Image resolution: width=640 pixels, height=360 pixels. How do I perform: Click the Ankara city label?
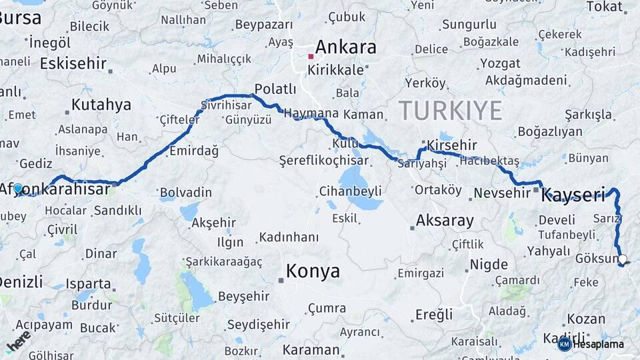pos(345,47)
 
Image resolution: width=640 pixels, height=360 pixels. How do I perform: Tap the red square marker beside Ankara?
pos(311,57)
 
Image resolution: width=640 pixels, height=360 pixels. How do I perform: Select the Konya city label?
pos(313,271)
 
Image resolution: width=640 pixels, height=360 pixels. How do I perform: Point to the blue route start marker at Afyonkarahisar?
pos(18,189)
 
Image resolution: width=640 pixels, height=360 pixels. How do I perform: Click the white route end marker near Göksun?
pos(623,259)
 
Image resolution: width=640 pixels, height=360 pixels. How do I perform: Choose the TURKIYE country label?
pos(450,110)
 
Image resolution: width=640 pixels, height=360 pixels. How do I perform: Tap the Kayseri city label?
pos(573,196)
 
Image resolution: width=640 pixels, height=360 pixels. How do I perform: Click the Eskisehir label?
pos(73,63)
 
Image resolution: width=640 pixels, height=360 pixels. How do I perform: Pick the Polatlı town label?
pos(275,89)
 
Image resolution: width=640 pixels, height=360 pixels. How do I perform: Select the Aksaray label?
pos(445,220)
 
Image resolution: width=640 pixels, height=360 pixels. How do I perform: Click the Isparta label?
pos(88,283)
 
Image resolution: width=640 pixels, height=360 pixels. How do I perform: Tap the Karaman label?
pos(311,349)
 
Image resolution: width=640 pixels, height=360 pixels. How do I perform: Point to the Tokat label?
pos(604,7)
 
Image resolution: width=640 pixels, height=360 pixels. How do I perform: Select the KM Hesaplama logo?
pos(591,344)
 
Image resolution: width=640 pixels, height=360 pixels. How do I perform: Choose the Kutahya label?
pos(101,105)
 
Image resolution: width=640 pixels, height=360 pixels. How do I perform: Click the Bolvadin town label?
pos(186,193)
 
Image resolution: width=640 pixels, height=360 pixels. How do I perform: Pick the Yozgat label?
pos(500,63)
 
